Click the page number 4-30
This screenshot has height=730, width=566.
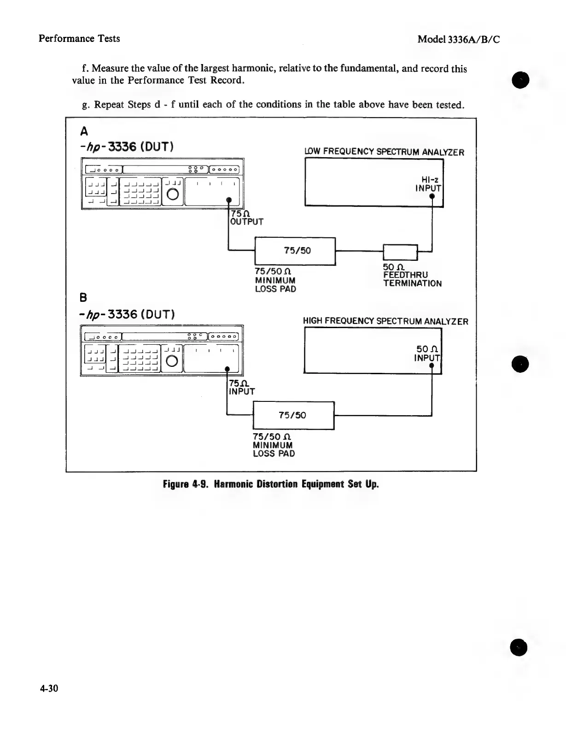tap(49, 689)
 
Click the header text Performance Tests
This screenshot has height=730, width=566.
tap(79, 38)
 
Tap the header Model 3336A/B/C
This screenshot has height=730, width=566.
tap(458, 39)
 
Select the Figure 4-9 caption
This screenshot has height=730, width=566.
tap(271, 484)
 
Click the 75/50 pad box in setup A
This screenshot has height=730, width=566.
tap(295, 251)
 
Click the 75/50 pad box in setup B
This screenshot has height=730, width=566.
tap(293, 415)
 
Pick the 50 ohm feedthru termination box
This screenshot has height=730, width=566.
tap(400, 252)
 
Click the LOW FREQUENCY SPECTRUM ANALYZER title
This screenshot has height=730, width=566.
tap(384, 152)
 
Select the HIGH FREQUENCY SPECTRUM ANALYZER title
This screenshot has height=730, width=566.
tap(385, 321)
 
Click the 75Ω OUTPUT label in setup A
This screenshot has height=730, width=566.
tap(246, 218)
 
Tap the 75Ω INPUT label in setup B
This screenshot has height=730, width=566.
tap(242, 388)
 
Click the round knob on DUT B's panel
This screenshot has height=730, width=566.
tap(172, 361)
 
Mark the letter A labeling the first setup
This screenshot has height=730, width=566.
tap(84, 132)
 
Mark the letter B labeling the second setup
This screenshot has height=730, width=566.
tap(84, 296)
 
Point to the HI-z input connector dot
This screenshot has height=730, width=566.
tap(432, 196)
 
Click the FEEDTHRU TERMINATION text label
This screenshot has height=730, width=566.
tap(412, 279)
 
